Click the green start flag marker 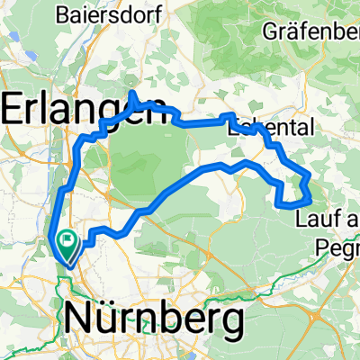67,240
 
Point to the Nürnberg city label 154,319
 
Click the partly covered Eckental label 270,129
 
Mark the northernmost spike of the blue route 133,93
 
